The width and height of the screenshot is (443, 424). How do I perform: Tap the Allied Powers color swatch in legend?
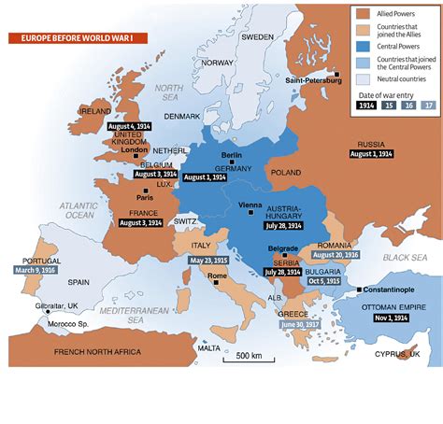365,14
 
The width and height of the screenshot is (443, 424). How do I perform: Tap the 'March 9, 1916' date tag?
35,271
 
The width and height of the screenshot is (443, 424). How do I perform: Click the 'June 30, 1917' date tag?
299,324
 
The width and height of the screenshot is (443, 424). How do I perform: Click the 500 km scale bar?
248,356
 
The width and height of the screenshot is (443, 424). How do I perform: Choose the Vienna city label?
250,204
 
